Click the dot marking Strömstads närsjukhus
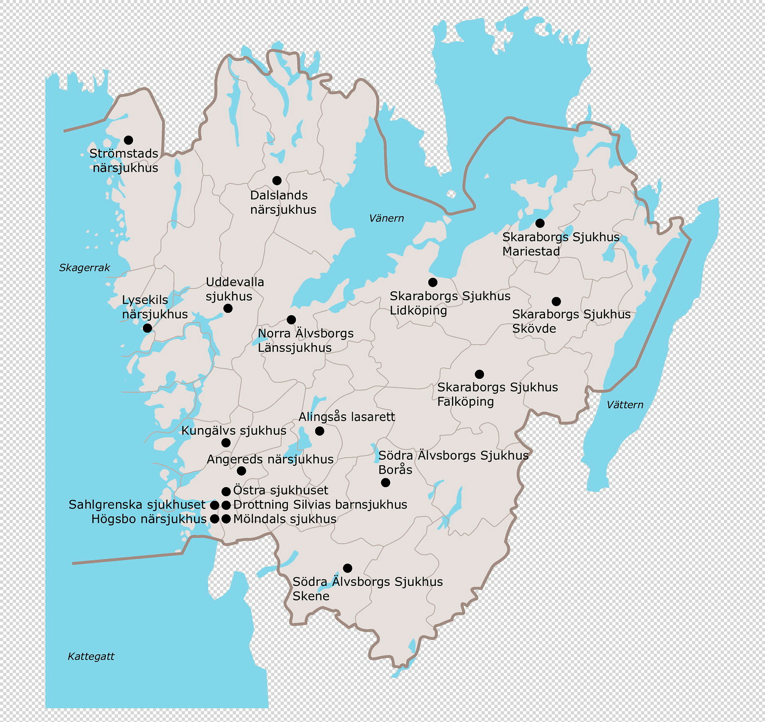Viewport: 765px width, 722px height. (x=128, y=140)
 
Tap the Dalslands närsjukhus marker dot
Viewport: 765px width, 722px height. (x=277, y=180)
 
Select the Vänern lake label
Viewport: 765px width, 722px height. (x=386, y=218)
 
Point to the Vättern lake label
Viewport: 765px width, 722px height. (x=624, y=405)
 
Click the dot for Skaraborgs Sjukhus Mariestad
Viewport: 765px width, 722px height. (x=540, y=223)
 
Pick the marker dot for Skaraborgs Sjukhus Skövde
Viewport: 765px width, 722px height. (x=556, y=301)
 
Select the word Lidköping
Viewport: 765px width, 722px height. (x=418, y=310)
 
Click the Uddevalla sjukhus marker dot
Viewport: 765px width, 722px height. (x=228, y=308)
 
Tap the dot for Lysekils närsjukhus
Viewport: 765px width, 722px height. (x=147, y=328)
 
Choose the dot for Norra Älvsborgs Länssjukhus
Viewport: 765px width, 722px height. (x=291, y=319)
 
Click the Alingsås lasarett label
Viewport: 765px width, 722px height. (x=346, y=417)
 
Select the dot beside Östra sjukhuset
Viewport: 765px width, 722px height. (x=226, y=491)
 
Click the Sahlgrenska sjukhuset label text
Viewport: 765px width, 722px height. (x=137, y=505)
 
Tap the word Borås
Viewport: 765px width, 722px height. (x=395, y=470)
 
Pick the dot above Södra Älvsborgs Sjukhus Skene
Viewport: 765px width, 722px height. (x=347, y=568)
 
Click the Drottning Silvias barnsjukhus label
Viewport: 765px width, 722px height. (x=320, y=505)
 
